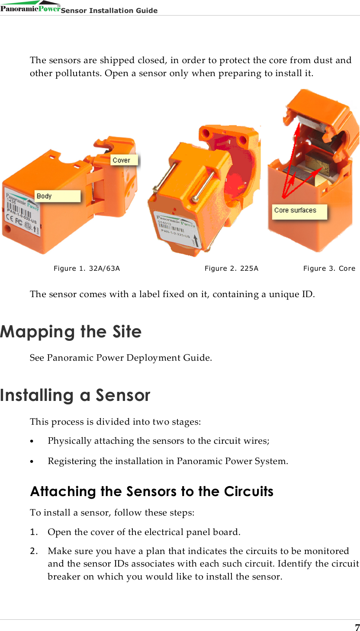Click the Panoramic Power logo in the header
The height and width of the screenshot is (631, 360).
click(30, 7)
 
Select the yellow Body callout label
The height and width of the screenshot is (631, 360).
click(58, 196)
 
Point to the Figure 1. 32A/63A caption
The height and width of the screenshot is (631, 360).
click(87, 269)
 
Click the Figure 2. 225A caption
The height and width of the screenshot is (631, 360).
click(231, 269)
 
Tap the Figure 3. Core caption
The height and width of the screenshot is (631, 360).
click(329, 269)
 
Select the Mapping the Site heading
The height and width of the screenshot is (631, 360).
click(71, 332)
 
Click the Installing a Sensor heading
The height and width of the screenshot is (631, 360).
click(75, 395)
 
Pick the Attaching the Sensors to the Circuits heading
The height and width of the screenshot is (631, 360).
click(151, 492)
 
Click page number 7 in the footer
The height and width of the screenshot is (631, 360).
click(357, 627)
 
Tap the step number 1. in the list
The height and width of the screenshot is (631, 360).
click(33, 532)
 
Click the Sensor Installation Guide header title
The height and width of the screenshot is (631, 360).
click(109, 10)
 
